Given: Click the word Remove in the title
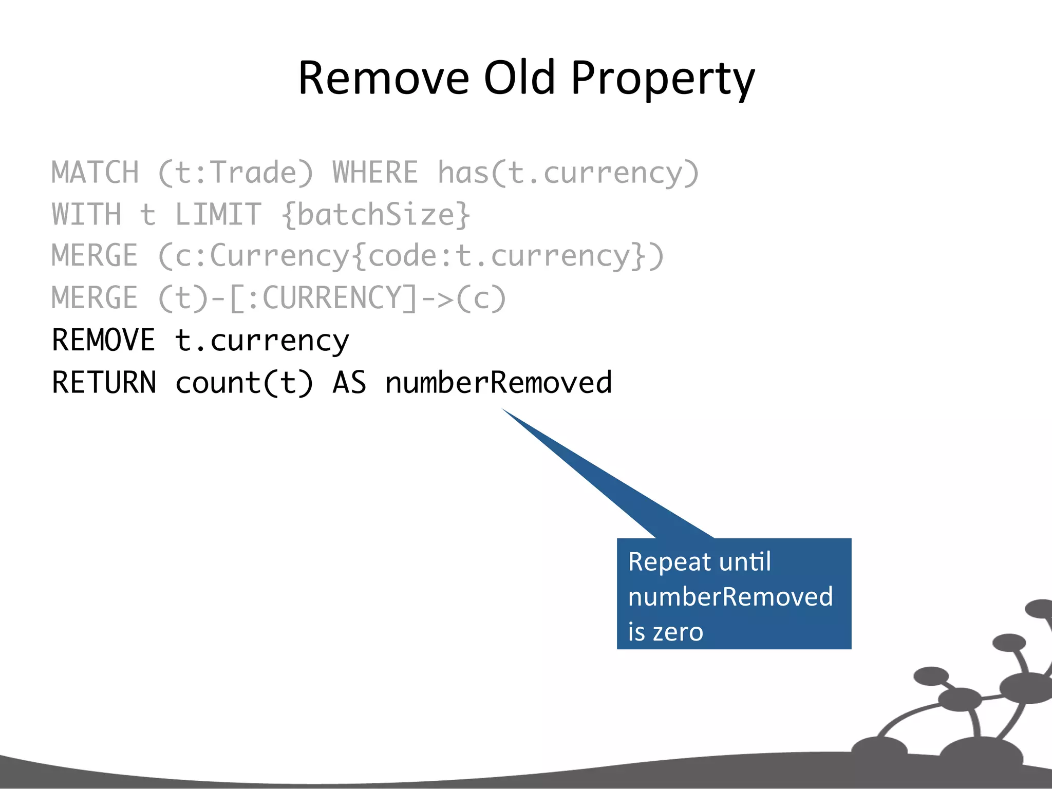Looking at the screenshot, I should [384, 78].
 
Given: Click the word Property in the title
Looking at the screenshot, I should [663, 78].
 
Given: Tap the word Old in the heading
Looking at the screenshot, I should [519, 78].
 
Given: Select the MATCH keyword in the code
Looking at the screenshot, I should [96, 172].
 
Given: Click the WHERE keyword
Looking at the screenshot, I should [375, 172].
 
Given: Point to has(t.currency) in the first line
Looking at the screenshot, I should [568, 173].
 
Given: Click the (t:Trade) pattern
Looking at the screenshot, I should [235, 173].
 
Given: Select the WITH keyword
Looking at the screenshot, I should [87, 214].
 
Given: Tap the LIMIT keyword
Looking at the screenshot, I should [218, 214].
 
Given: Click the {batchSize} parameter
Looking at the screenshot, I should [375, 215].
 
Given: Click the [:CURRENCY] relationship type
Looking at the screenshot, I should [323, 298].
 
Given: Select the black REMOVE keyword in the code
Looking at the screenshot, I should [103, 340].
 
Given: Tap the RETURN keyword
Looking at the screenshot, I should [104, 382].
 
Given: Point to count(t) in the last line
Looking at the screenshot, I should [244, 383].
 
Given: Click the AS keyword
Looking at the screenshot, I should [349, 382].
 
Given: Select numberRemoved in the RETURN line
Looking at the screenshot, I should [498, 382].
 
